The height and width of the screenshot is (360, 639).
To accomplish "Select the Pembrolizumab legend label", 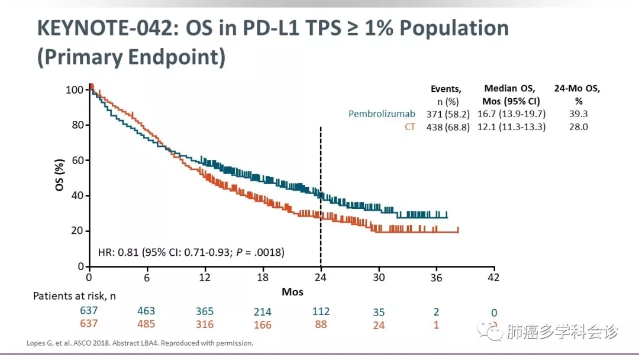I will tap(382, 114).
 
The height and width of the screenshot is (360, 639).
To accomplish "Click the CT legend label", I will tap(410, 127).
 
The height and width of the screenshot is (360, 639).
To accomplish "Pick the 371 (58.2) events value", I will tap(448, 114).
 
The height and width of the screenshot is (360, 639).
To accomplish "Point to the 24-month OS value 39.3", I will tap(577, 114).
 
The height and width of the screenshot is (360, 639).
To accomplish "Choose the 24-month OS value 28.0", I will tap(577, 127).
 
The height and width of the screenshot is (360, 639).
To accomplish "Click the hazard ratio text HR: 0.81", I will tap(118, 252).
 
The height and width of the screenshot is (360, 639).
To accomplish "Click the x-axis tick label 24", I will tap(321, 277).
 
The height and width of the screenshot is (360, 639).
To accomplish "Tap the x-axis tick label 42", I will tap(493, 277).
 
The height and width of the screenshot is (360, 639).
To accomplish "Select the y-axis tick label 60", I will tap(77, 160).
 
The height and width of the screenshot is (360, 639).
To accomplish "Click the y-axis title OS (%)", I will tap(60, 178).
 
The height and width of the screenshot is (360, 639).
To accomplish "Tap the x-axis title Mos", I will tap(292, 292).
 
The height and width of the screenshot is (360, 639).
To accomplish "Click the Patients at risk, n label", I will tap(74, 295).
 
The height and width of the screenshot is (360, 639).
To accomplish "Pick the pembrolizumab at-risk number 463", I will tap(146, 311).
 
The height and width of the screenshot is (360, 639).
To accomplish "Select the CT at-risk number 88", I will tap(321, 324).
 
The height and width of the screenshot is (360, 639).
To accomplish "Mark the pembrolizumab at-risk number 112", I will tap(321, 311).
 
